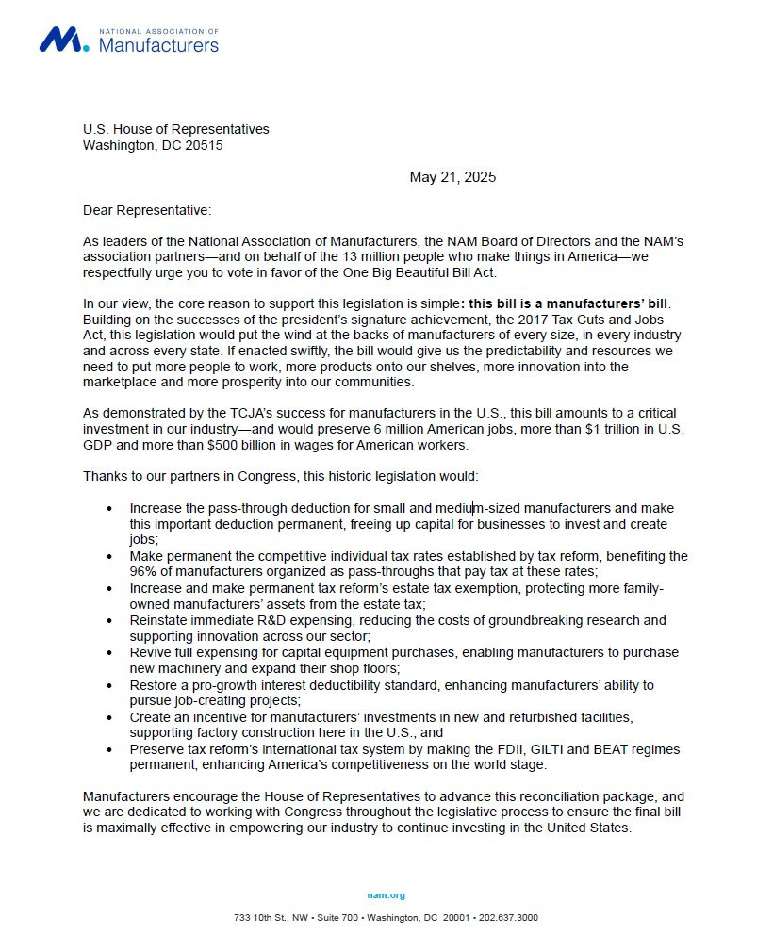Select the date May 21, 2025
point(452,177)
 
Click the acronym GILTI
point(576,749)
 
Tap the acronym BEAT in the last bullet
point(640,749)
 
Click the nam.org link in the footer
point(386,895)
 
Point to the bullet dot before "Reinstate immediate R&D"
point(110,621)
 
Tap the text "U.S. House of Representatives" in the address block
point(176,129)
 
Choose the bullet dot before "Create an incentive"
point(110,718)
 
